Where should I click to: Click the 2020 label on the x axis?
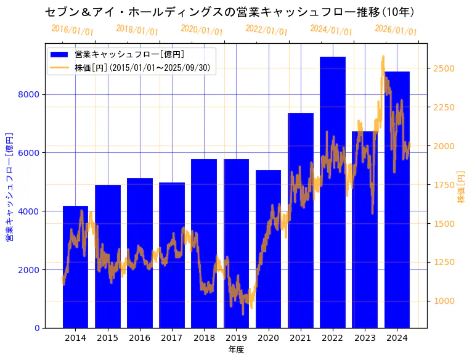pos(268,338)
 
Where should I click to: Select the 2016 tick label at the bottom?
pos(140,338)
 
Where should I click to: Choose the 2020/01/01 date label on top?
pos(202,30)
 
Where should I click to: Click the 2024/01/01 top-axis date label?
pos(332,30)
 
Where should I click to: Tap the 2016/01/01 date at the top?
pos(73,30)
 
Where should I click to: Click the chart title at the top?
pos(229,12)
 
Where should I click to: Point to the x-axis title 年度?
pos(236,350)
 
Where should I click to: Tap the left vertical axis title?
pos(9,187)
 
